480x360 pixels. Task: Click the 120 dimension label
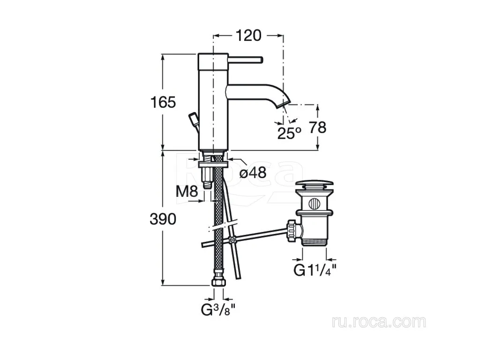pos(248,36)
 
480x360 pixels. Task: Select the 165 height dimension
pos(163,102)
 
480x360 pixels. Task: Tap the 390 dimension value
pos(163,219)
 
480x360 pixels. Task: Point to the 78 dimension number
pos(317,127)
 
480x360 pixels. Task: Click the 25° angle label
pos(289,133)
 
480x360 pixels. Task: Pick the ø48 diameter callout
pos(253,173)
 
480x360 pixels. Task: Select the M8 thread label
pos(187,192)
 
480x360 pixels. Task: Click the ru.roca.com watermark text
pos(379,322)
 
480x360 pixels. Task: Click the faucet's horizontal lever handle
pos(245,60)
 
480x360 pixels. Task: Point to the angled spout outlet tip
pos(283,103)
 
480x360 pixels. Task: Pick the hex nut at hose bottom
pos(218,281)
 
